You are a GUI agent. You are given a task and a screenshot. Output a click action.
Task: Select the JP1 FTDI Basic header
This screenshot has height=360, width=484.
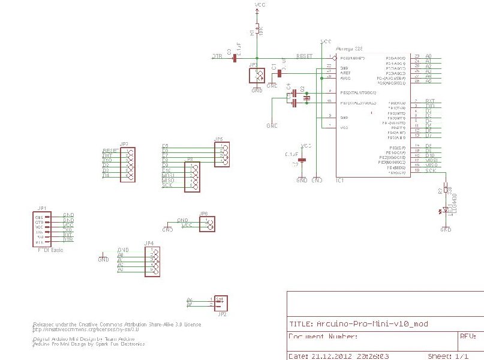point(41,229)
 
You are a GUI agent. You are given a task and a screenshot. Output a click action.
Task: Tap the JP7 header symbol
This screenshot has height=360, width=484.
point(127,164)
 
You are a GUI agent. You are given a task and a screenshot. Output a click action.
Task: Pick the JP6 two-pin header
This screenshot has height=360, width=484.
point(208,224)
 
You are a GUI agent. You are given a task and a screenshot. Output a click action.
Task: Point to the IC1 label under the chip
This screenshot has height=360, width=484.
point(339,179)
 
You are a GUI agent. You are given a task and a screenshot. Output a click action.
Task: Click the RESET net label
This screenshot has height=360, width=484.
point(305,56)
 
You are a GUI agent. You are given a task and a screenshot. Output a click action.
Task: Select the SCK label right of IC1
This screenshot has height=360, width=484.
point(431,170)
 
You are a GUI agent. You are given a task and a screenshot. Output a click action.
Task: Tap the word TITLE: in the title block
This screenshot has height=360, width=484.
point(300,323)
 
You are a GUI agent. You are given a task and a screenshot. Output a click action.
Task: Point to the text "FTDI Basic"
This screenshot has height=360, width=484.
point(50,249)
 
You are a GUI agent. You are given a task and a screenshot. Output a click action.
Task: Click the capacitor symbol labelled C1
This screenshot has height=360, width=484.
point(279,73)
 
